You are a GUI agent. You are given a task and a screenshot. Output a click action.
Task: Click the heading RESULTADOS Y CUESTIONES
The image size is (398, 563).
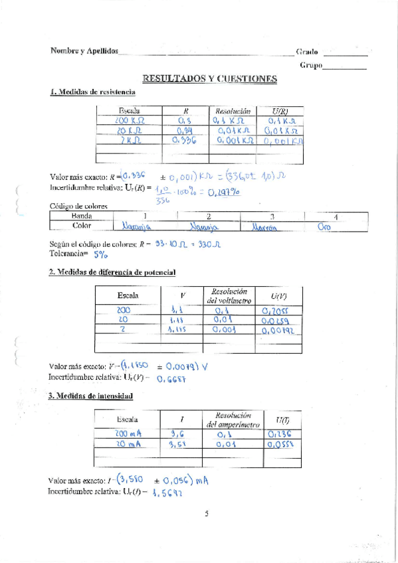coord(210,79)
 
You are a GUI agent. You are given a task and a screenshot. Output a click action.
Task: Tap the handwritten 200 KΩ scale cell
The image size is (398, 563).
coord(130,121)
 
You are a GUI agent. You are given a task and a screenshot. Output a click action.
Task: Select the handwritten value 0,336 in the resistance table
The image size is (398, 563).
coord(183,140)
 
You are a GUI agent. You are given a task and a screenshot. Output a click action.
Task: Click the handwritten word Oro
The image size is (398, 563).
coord(325,226)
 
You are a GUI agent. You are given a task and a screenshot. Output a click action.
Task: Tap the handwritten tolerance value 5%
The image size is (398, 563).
coord(100,254)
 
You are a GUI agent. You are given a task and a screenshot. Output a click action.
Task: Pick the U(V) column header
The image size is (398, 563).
coord(279,296)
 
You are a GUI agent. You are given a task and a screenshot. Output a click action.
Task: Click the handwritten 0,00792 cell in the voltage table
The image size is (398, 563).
coord(278,330)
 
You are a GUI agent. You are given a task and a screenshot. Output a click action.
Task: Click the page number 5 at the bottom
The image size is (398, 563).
coord(207,513)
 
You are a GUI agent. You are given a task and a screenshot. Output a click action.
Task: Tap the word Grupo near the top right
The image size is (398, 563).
coord(311,66)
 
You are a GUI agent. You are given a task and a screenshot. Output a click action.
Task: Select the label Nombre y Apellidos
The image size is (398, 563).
coord(84,51)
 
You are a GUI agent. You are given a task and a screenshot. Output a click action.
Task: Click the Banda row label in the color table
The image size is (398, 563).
coord(81,216)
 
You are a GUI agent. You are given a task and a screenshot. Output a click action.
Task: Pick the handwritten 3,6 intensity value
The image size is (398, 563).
coord(178,434)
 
